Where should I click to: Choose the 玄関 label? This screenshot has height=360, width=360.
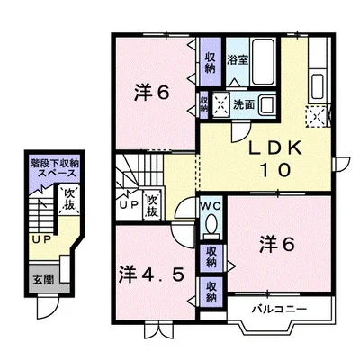(x=42, y=280)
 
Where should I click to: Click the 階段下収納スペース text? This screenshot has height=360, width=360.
(x=53, y=170)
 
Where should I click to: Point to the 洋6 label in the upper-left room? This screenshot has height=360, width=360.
(x=151, y=91)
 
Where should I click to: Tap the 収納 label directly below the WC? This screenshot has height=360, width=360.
(x=211, y=256)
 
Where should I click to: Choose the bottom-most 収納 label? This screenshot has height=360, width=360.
(x=211, y=291)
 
